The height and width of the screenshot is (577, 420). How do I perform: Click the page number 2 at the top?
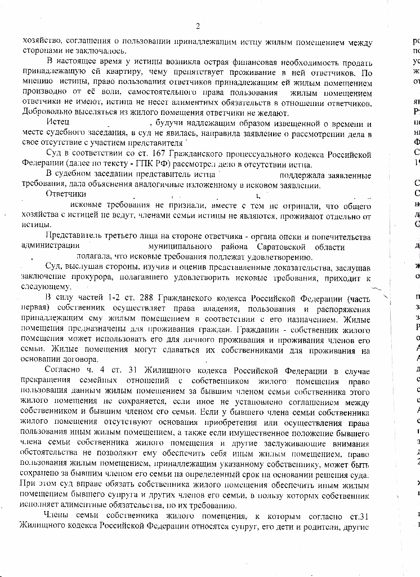(x=198, y=26)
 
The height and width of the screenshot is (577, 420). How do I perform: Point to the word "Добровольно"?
(x=46, y=113)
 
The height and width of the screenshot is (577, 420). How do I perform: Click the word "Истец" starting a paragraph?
(x=58, y=123)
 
